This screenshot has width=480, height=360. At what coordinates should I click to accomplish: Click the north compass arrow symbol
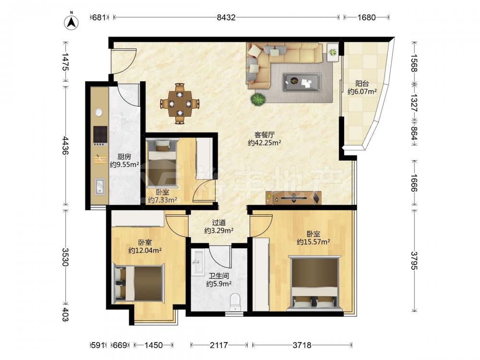tap(71, 22)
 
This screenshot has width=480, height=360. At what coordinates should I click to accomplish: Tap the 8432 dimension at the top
tap(226, 17)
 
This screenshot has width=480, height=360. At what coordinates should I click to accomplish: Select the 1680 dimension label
tap(366, 17)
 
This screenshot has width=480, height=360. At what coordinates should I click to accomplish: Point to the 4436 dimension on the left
tap(65, 145)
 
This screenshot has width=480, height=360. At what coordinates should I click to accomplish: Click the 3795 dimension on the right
tap(414, 261)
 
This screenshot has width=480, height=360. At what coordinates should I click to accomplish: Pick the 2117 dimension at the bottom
tap(219, 345)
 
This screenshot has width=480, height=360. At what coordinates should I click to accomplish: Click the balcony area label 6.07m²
tap(362, 91)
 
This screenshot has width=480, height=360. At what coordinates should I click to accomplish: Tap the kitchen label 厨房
tap(124, 157)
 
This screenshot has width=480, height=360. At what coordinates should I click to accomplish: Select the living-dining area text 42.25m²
tap(264, 143)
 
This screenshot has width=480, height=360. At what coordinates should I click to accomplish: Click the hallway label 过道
tap(219, 223)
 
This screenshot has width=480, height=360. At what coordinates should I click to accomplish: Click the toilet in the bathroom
tap(235, 301)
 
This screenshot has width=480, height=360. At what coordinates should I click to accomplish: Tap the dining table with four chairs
tap(180, 104)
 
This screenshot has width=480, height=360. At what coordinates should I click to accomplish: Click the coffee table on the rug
tap(302, 82)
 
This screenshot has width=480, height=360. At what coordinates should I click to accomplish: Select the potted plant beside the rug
tap(257, 99)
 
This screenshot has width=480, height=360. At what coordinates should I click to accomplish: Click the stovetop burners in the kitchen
tap(100, 136)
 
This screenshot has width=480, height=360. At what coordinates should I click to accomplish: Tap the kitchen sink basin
tap(100, 186)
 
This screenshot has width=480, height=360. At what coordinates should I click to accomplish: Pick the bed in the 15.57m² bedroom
tap(314, 283)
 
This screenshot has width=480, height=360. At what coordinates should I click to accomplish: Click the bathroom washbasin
tap(198, 263)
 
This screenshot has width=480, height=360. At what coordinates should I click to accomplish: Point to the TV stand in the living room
tap(293, 198)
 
